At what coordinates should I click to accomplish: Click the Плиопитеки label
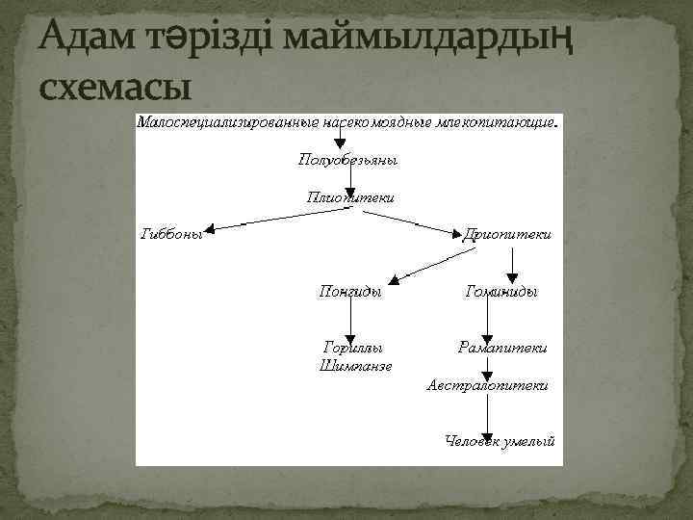coord(349,196)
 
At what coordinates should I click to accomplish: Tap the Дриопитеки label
coord(507,234)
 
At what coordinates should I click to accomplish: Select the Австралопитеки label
coord(487,384)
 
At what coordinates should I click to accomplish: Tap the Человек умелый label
coord(500,440)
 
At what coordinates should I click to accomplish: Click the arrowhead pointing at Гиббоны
coord(211,230)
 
